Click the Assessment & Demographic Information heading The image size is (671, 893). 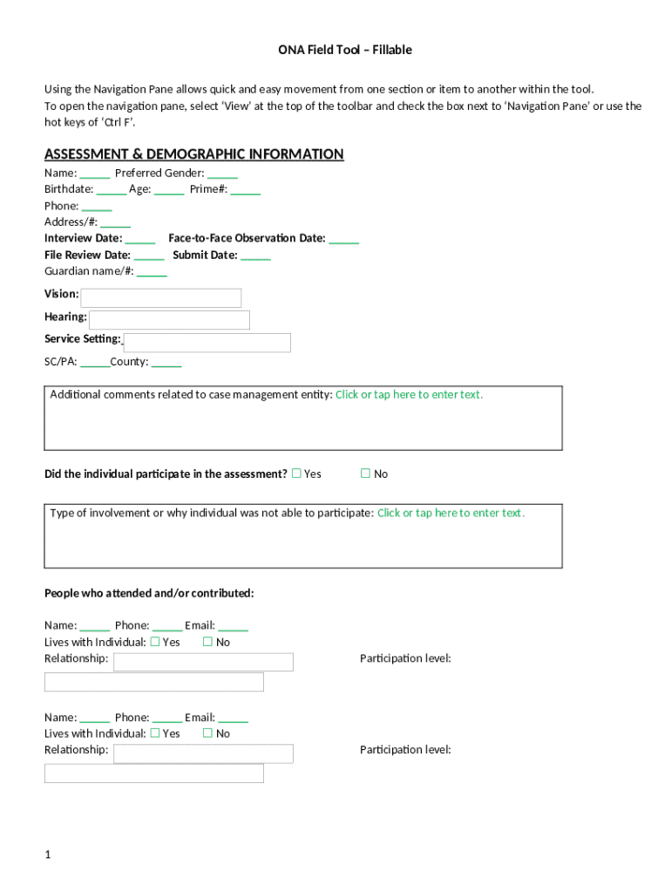click(x=193, y=154)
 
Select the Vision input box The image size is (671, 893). click(x=160, y=298)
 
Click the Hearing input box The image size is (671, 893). click(x=169, y=320)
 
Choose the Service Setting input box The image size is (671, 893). click(x=207, y=343)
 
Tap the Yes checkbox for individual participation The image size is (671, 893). click(x=296, y=474)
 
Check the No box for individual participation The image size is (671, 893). click(x=366, y=474)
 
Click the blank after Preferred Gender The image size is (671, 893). click(x=222, y=174)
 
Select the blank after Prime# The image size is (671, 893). click(x=246, y=190)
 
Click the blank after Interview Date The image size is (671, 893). click(x=140, y=239)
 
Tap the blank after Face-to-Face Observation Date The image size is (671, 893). click(x=343, y=239)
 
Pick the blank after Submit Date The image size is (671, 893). click(x=255, y=256)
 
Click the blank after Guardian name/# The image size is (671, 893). click(x=152, y=272)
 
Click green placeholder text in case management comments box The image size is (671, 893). click(x=409, y=394)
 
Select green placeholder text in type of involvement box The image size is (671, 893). click(x=451, y=513)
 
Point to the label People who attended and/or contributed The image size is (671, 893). click(x=149, y=594)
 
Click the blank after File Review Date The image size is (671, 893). click(x=149, y=256)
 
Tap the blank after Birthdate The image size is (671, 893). click(x=112, y=190)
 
